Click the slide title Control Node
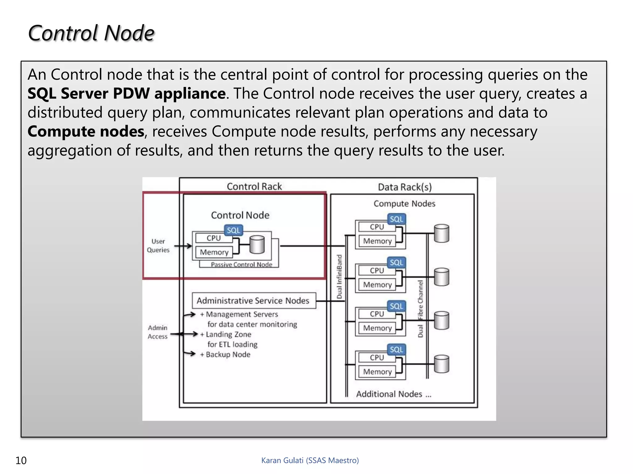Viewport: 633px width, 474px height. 91,33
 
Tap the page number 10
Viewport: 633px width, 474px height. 21,460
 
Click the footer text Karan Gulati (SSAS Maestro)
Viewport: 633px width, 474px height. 310,460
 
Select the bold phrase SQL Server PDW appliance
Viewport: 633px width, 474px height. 126,94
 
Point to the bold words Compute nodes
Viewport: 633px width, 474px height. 86,131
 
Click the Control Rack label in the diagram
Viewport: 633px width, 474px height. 254,186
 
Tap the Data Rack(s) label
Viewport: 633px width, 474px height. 405,187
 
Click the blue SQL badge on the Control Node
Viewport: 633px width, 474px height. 233,230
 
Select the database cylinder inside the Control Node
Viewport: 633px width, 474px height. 257,244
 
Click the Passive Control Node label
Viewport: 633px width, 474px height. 241,264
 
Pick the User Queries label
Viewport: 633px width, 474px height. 158,246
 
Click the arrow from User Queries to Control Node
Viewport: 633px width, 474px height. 183,246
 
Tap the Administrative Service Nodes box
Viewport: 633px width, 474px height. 253,301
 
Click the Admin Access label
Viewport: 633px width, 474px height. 157,332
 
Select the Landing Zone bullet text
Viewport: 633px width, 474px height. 228,335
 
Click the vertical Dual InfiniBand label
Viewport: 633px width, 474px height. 339,276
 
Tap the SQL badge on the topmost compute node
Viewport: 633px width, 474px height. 396,219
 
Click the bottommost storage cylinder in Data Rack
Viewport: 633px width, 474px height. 441,364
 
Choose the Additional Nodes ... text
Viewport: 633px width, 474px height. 393,394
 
